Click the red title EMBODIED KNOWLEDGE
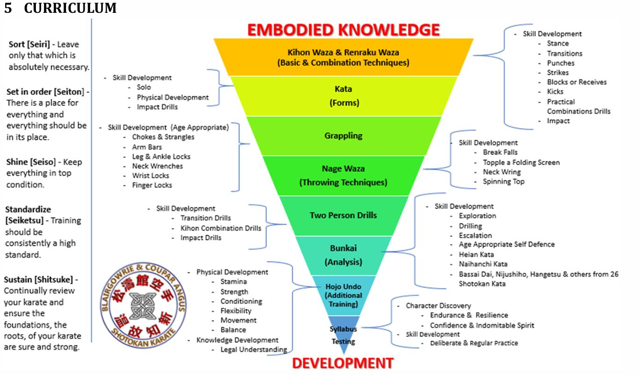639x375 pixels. [x=343, y=30]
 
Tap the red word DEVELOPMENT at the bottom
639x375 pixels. [x=343, y=363]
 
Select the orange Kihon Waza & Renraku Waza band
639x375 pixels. [x=343, y=57]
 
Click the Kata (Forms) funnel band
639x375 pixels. [x=343, y=95]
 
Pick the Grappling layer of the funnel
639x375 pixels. [x=343, y=136]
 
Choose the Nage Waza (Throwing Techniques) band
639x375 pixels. [x=343, y=175]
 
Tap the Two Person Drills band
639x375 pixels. [x=343, y=215]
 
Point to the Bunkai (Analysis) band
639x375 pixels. [x=343, y=255]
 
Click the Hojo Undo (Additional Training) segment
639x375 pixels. [x=343, y=295]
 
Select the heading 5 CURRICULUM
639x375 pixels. [x=60, y=8]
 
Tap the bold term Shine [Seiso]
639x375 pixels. [x=30, y=162]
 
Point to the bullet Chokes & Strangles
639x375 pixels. [x=163, y=137]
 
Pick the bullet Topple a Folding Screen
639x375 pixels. [x=521, y=162]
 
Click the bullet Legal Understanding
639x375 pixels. [x=253, y=349]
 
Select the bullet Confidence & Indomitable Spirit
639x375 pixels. [x=482, y=325]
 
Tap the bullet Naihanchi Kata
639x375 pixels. [x=483, y=264]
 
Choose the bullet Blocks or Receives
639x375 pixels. [x=576, y=82]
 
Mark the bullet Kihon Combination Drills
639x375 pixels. [x=220, y=228]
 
